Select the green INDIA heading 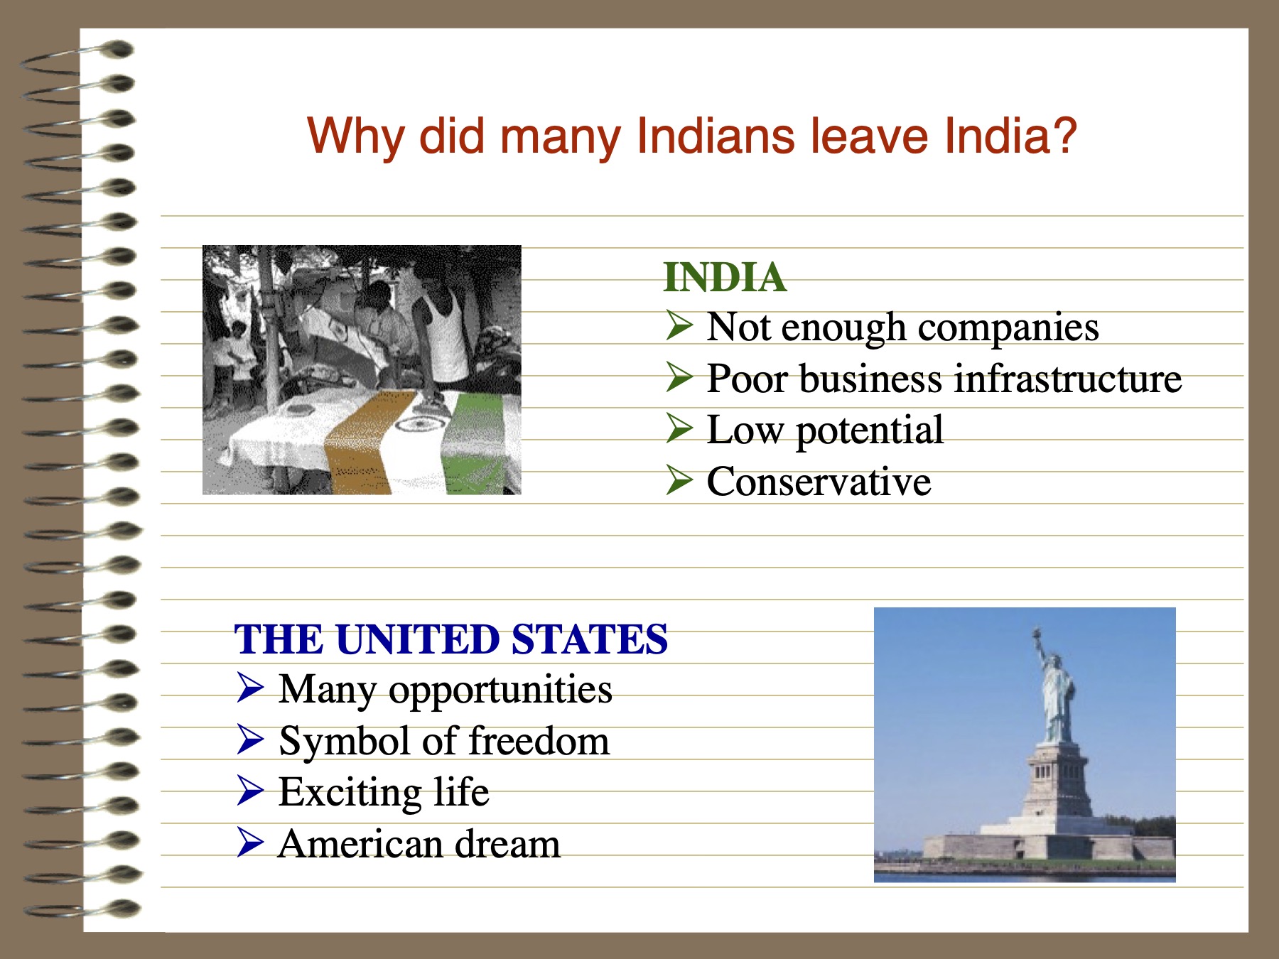(x=725, y=277)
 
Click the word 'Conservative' (x=819, y=482)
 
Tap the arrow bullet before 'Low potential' (x=679, y=428)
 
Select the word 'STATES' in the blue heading (x=589, y=639)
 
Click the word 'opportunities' (x=500, y=690)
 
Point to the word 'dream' (x=507, y=844)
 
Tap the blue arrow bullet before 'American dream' (x=250, y=842)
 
